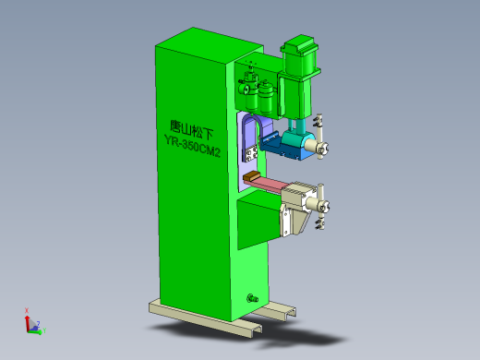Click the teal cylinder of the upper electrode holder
click(300, 142)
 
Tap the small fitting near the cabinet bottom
click(251, 297)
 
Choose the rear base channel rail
click(277, 313)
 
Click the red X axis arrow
click(27, 312)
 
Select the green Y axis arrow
click(42, 330)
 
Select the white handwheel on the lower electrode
click(323, 206)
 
